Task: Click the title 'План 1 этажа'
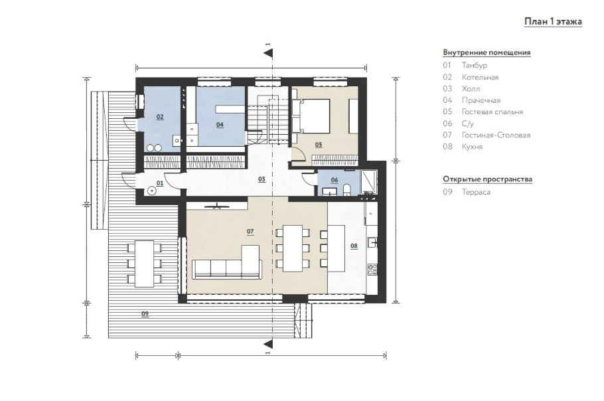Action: click(x=553, y=21)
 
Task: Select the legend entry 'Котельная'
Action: click(x=480, y=78)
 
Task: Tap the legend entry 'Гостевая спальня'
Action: click(x=492, y=112)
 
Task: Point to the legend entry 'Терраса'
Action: click(x=476, y=192)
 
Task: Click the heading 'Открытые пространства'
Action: click(x=488, y=179)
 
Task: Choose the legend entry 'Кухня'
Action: click(x=473, y=147)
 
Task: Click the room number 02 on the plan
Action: click(x=160, y=117)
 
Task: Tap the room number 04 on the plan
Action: click(x=220, y=124)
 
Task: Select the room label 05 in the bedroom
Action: click(x=319, y=145)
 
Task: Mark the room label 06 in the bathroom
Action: click(x=335, y=180)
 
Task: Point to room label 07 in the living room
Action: click(x=250, y=232)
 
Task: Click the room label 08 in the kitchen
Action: click(x=354, y=246)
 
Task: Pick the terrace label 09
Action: click(x=145, y=313)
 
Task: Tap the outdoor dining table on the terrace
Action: click(x=144, y=264)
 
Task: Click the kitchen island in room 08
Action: click(x=336, y=248)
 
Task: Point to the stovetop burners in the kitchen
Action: click(x=372, y=270)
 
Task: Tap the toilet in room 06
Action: click(x=346, y=189)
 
